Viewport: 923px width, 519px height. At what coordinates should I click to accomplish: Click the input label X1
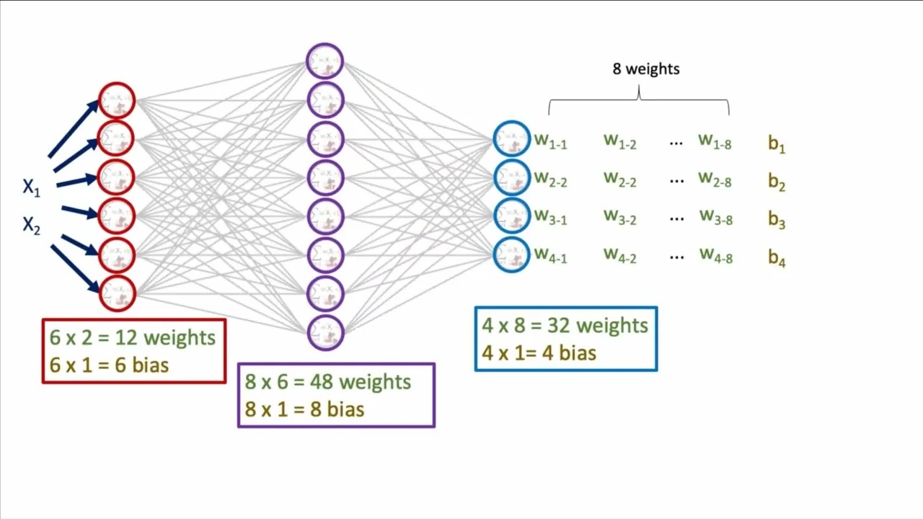coord(31,188)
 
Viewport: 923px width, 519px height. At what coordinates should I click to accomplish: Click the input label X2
coord(31,226)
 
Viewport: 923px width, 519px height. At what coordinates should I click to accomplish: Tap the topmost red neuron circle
coord(117,101)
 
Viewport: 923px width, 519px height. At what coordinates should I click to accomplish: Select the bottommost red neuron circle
coord(117,293)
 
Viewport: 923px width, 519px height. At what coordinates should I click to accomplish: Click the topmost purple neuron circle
coord(325,61)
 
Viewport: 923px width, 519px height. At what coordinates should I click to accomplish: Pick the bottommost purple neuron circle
coord(325,332)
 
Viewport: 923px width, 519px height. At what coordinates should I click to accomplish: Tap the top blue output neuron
coord(512,139)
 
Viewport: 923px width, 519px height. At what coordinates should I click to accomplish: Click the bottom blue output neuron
coord(512,254)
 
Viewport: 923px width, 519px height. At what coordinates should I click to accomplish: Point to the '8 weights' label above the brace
coord(646,69)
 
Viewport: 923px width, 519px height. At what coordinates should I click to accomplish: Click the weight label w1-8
coord(715,142)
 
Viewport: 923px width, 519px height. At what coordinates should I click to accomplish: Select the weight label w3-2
coord(620,217)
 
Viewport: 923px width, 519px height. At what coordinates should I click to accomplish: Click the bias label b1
coord(777,144)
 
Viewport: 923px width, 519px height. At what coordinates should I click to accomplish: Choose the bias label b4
coord(777,257)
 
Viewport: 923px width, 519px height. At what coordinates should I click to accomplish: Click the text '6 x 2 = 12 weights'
coord(133,338)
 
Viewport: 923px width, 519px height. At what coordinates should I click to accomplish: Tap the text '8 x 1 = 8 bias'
coord(304,409)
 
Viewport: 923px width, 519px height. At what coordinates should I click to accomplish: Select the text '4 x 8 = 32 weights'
coord(565,326)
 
